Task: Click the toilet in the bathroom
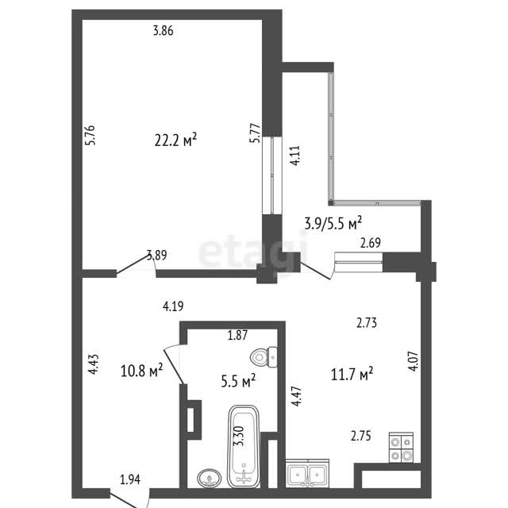click(264, 357)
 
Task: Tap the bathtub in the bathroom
click(244, 446)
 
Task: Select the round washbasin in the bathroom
click(210, 478)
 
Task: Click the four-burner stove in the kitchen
click(401, 447)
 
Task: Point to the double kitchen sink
click(307, 473)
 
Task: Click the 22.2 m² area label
click(175, 140)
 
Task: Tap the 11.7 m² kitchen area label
click(352, 374)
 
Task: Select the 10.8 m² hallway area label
click(141, 370)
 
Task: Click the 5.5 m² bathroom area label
click(238, 381)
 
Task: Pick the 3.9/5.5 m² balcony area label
click(333, 224)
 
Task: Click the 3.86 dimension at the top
click(163, 31)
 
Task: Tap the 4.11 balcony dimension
click(295, 156)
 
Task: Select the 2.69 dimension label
click(371, 243)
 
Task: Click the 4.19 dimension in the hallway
click(173, 306)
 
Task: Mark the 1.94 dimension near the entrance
click(130, 479)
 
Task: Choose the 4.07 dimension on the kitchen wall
click(414, 361)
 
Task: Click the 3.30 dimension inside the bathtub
click(241, 436)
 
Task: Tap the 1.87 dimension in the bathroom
click(237, 335)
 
